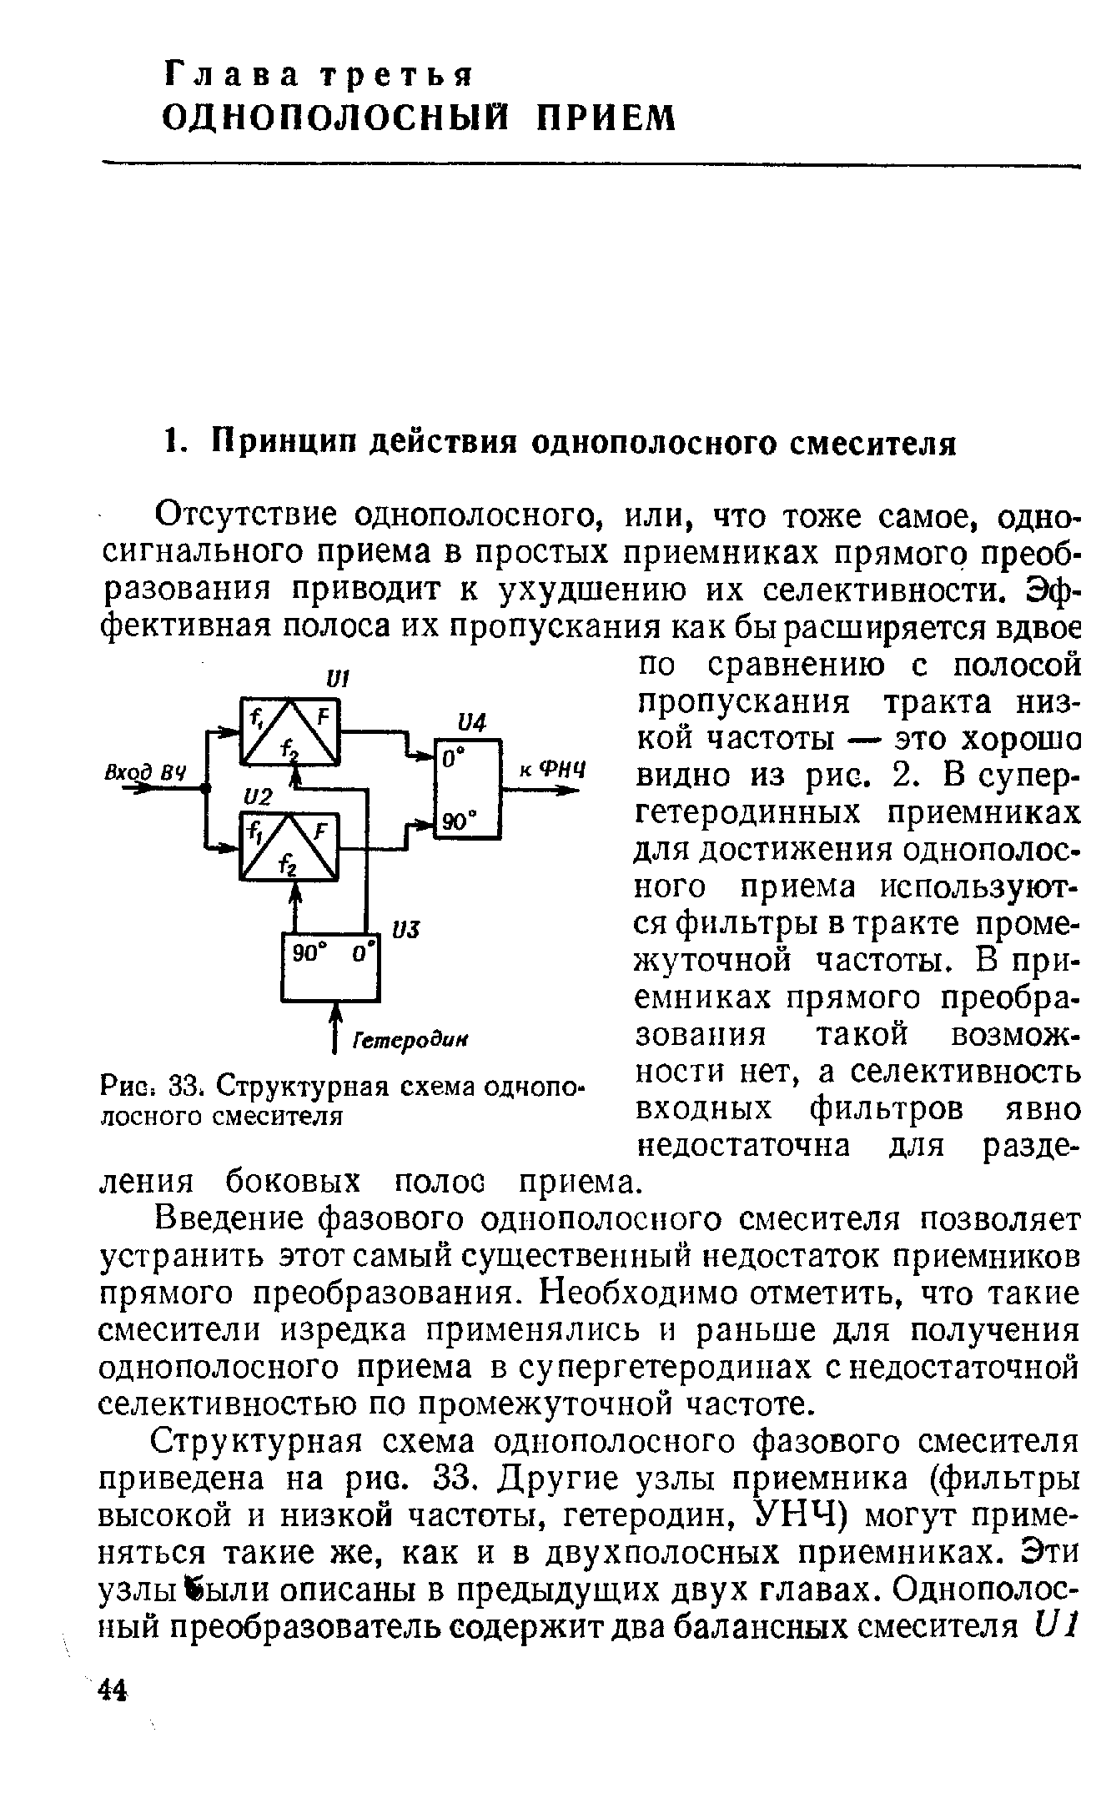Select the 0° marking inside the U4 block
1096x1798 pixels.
(454, 761)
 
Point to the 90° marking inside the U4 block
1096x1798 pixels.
(456, 821)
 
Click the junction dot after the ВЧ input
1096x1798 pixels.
(205, 786)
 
